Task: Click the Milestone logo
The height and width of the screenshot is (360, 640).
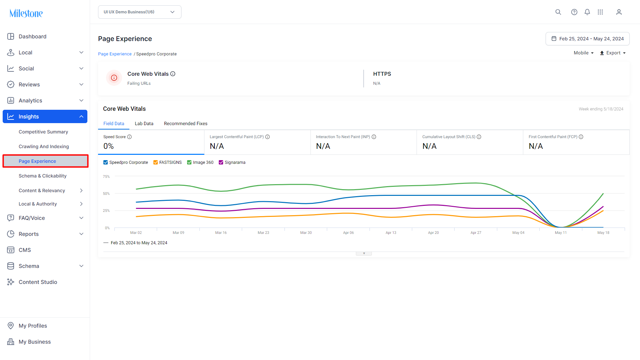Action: [x=26, y=13]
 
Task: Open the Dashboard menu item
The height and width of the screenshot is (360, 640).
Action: [x=32, y=36]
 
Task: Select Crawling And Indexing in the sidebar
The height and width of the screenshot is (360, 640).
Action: [x=44, y=146]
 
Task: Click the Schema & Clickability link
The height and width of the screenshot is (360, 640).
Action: [x=43, y=176]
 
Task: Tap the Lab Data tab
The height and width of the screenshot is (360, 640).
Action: [x=144, y=123]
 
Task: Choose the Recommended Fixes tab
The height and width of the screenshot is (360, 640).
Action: [x=186, y=123]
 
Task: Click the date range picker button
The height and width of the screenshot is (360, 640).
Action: [x=587, y=39]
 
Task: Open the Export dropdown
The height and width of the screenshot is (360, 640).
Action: [x=613, y=53]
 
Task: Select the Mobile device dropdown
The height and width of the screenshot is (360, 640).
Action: [x=584, y=53]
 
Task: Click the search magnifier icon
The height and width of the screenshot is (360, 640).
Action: [x=558, y=12]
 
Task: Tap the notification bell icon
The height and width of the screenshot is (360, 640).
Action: [x=587, y=12]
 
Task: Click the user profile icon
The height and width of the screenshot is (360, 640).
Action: [x=619, y=12]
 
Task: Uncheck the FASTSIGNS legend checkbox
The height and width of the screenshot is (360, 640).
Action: [x=155, y=162]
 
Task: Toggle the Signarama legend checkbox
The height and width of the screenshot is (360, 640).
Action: [x=221, y=162]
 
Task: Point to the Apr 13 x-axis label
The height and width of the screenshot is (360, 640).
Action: [x=391, y=233]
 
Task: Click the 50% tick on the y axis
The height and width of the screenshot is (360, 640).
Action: [x=106, y=194]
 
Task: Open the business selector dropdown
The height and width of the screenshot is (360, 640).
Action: [x=139, y=12]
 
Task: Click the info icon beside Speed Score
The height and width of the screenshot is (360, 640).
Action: [x=129, y=137]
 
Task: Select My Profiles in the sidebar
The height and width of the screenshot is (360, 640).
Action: [x=33, y=326]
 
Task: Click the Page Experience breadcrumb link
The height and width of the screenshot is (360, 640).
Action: [x=115, y=54]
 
